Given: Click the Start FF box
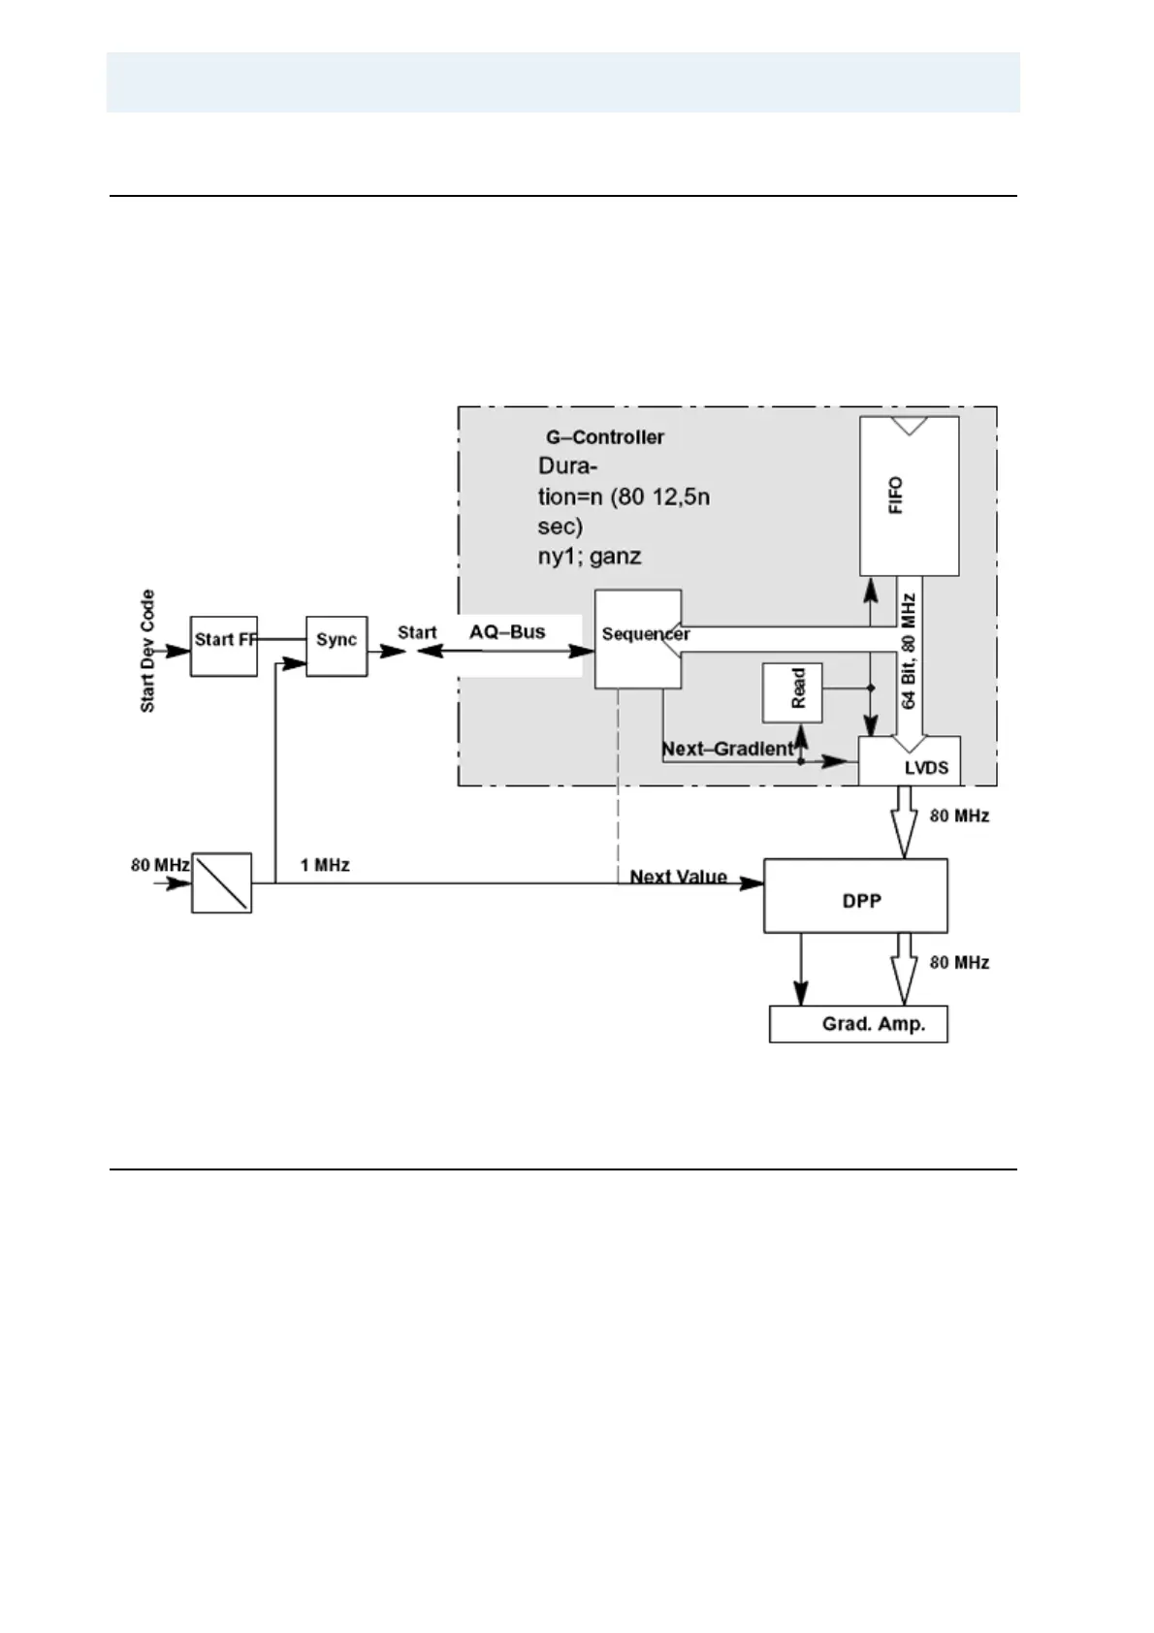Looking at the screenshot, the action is point(223,645).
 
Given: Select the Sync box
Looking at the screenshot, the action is point(337,645).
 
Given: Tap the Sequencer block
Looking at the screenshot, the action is point(637,640).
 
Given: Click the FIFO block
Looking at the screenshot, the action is point(909,496).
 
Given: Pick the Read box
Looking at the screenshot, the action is point(792,692).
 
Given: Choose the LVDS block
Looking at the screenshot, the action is point(910,761).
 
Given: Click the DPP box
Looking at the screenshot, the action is point(855,896).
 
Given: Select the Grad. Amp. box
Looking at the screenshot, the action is point(858,1024).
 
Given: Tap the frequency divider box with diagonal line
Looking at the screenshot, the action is point(221,882).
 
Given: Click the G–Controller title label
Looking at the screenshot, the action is point(604,437).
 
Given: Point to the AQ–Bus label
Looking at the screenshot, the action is point(507,632).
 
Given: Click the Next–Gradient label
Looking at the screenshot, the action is point(727,750).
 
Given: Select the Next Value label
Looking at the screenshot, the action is point(678,877).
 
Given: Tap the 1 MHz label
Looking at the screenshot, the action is point(325,865).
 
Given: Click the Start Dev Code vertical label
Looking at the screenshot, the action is point(148,651).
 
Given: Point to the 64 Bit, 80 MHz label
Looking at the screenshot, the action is point(909,652).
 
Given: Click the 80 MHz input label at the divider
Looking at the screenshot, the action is point(153,864).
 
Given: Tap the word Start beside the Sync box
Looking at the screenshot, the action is point(417,633).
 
